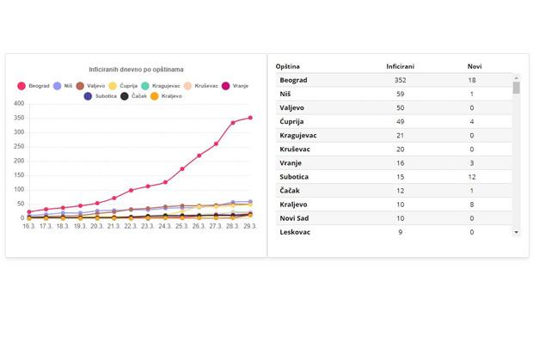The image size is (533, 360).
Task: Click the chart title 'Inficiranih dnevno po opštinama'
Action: [x=138, y=69]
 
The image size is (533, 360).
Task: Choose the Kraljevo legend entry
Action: [x=165, y=96]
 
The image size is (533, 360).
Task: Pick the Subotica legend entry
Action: [x=101, y=96]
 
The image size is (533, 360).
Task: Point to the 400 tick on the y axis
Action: [x=18, y=105]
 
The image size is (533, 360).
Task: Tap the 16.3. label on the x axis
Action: [x=28, y=227]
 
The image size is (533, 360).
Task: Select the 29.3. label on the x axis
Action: [x=250, y=227]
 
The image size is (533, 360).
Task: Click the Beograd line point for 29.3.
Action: [x=250, y=118]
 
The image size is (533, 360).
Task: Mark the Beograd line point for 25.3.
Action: [x=182, y=168]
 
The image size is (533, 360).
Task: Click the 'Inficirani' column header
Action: [x=402, y=66]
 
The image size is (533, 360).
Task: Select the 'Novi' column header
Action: [x=475, y=66]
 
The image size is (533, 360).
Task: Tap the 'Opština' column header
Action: [x=288, y=66]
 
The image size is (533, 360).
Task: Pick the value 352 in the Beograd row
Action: [x=401, y=80]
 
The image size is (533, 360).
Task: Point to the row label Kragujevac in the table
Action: [x=299, y=135]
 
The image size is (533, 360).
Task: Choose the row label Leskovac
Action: [x=295, y=232]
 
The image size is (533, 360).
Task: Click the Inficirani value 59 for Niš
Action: [x=401, y=94]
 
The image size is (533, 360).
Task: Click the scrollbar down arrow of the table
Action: [x=517, y=232]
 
